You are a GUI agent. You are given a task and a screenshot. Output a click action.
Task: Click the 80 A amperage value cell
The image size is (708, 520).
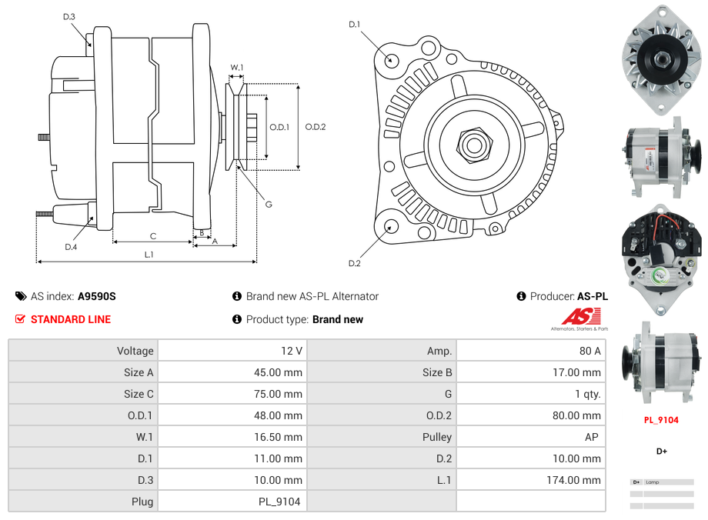click(x=589, y=351)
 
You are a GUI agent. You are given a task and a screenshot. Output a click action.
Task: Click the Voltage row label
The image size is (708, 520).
click(x=135, y=351)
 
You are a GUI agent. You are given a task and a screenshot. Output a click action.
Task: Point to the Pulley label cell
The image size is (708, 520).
click(x=436, y=437)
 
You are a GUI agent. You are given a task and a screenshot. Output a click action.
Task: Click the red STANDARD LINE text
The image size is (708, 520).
click(x=71, y=319)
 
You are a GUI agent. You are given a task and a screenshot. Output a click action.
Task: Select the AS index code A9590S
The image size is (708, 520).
click(x=97, y=296)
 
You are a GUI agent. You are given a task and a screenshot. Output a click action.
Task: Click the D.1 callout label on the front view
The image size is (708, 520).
click(x=354, y=25)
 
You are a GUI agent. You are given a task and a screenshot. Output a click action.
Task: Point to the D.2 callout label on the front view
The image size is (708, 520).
click(x=354, y=263)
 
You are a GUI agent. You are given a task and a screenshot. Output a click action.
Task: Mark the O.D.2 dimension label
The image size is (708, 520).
click(x=316, y=127)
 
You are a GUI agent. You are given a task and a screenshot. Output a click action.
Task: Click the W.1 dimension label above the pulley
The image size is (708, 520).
click(x=237, y=68)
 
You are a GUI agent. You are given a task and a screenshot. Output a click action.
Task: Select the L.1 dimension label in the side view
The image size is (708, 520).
click(x=149, y=254)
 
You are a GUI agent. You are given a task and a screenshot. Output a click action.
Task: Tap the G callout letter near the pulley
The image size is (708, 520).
click(x=269, y=204)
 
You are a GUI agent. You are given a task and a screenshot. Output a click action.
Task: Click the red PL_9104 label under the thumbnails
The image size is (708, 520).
click(x=661, y=420)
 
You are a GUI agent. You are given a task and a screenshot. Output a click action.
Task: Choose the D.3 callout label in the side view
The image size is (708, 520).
click(x=69, y=17)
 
